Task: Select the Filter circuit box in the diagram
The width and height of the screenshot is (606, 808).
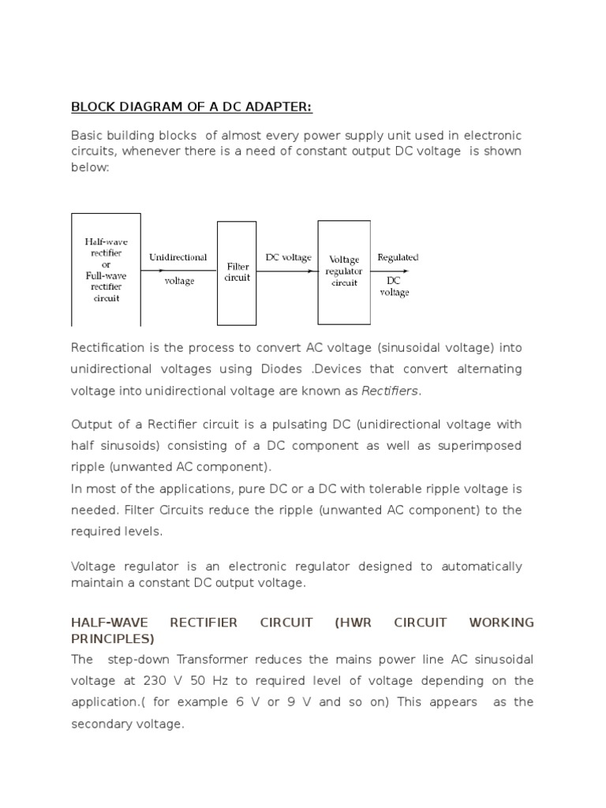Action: [237, 272]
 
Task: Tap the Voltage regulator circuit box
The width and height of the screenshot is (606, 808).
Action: [344, 271]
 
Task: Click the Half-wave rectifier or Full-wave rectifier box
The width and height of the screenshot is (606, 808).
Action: [106, 269]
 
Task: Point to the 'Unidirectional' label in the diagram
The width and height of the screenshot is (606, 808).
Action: [178, 257]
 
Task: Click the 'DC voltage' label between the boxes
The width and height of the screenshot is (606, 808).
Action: [288, 257]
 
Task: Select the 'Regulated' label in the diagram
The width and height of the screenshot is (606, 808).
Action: [398, 257]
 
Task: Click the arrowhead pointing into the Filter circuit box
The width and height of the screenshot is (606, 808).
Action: [213, 271]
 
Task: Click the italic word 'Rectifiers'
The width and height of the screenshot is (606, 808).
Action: [391, 391]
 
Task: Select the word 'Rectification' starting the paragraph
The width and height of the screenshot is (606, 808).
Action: [107, 348]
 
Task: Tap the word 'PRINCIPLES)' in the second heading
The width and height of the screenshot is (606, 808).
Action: [113, 638]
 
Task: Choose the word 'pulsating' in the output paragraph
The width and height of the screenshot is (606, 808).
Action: [286, 425]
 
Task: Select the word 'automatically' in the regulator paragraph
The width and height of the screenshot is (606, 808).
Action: [481, 567]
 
